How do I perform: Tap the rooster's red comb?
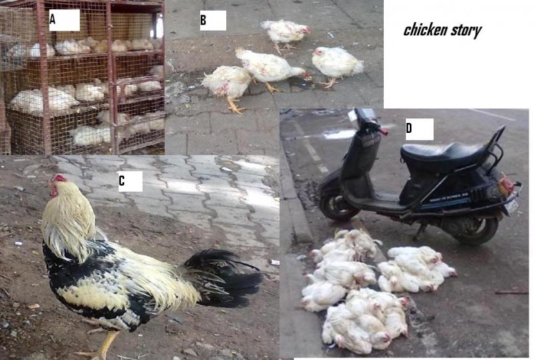(x=60, y=178)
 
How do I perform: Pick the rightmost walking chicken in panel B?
(x=337, y=63)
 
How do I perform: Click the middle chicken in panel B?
(x=270, y=67)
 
